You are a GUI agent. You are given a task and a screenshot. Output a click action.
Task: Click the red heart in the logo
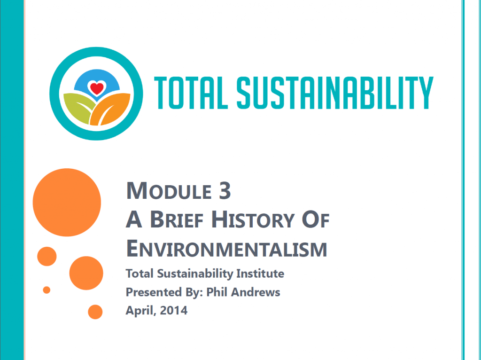97,88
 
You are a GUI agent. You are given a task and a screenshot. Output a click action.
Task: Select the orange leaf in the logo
113,109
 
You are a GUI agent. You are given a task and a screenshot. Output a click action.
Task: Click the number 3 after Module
225,191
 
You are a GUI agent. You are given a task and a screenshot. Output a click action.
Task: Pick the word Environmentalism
226,248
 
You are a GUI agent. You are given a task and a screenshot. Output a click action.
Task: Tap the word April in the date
139,310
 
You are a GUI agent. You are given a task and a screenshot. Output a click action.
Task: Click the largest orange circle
67,203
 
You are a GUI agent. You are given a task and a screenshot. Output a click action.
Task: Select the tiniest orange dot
47,290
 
